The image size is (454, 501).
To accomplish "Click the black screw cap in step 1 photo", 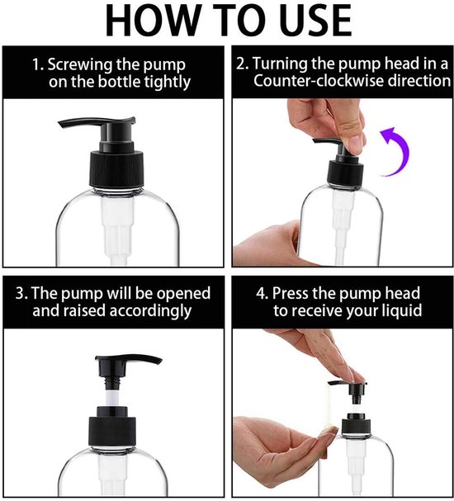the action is click(116, 168).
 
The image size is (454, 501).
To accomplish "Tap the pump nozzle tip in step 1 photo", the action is click(61, 125).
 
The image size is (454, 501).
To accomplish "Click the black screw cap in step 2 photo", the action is click(346, 174).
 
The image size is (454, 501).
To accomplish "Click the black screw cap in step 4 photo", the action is click(356, 425).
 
